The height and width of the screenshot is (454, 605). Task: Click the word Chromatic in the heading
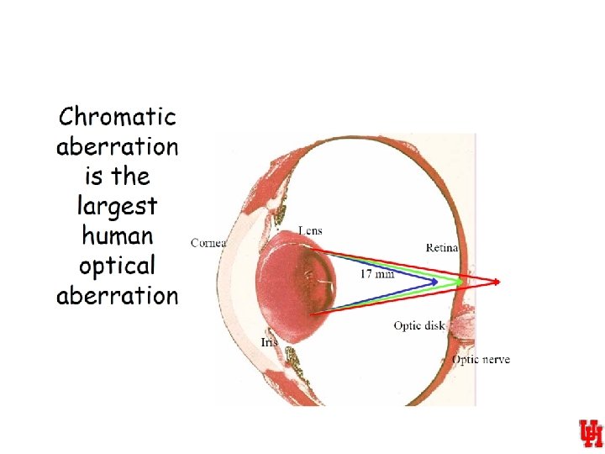pos(117,117)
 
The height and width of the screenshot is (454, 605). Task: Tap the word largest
pos(117,206)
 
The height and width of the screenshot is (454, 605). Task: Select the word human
pos(118,235)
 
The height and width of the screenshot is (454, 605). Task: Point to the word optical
pos(118,266)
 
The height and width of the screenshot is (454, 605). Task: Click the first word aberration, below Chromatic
pos(117,147)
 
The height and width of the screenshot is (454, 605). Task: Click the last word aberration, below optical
pos(117,295)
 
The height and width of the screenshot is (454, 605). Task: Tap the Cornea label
pos(208,243)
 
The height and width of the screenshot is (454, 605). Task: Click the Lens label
pos(310,230)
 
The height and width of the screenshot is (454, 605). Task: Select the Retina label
pos(442,247)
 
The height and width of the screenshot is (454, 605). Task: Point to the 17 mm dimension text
pos(377,274)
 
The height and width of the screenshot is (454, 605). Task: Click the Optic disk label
pos(418,325)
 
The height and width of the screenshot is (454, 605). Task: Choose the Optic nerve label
pos(481,360)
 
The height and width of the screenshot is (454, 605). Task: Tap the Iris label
pos(269,342)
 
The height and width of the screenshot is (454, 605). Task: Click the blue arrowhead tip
pos(437,282)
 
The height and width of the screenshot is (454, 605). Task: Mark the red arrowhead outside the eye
pos(498,282)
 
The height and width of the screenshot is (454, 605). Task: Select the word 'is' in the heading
pos(92,177)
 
